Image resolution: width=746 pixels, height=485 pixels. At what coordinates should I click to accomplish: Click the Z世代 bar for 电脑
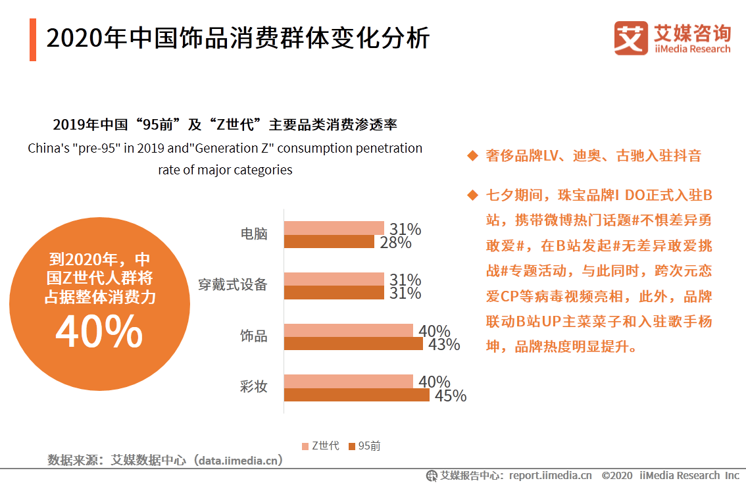click(x=334, y=228)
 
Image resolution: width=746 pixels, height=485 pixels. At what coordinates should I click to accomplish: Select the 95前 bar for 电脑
click(x=329, y=242)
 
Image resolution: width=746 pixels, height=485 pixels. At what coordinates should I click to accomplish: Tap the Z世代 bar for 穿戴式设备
click(x=334, y=279)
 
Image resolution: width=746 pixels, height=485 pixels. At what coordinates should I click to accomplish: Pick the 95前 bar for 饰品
click(x=353, y=344)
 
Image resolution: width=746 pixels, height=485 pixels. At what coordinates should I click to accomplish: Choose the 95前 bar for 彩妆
click(x=357, y=395)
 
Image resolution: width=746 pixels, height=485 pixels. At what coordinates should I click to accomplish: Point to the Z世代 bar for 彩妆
click(x=349, y=382)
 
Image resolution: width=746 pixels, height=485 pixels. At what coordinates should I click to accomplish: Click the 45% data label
click(x=450, y=396)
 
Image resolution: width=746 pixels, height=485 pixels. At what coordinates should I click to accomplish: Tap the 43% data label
click(x=443, y=344)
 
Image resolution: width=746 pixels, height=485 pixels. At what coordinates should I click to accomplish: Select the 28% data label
click(x=395, y=242)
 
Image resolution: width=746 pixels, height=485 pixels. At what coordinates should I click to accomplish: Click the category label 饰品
click(x=254, y=336)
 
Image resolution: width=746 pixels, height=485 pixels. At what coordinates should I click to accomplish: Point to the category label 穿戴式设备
click(x=233, y=285)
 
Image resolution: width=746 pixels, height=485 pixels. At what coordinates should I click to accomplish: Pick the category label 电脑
click(x=254, y=234)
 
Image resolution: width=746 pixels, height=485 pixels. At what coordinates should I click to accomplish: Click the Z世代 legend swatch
click(x=305, y=446)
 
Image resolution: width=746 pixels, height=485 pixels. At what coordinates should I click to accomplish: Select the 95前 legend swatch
click(x=352, y=446)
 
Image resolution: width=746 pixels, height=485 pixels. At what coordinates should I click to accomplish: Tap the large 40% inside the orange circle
click(x=99, y=331)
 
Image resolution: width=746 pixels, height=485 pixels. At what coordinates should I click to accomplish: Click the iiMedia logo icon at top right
click(x=631, y=39)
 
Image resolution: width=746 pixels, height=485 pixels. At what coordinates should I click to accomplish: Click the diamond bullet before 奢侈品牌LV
click(x=471, y=156)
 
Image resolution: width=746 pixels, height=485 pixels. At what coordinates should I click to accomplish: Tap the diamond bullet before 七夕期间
click(x=471, y=195)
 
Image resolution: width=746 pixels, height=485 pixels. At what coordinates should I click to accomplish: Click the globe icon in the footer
click(x=432, y=476)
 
